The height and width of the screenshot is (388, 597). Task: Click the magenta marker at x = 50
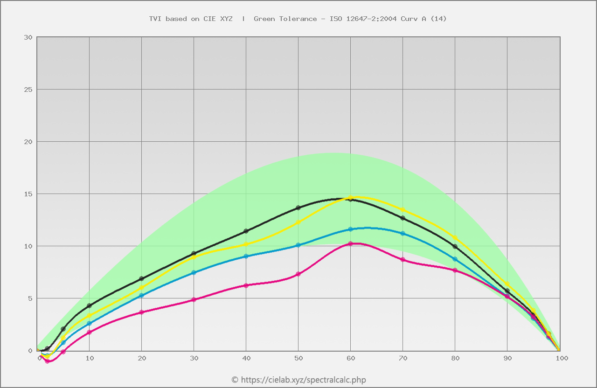pyautogui.click(x=298, y=274)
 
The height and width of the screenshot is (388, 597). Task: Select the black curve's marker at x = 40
pyautogui.click(x=246, y=231)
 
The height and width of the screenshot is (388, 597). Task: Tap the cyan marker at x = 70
pyautogui.click(x=403, y=233)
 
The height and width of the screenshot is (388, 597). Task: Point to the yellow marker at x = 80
pyautogui.click(x=455, y=238)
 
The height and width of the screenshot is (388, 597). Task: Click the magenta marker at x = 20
pyautogui.click(x=142, y=312)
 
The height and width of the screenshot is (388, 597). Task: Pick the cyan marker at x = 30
pyautogui.click(x=194, y=272)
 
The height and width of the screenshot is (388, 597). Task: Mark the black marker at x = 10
pyautogui.click(x=90, y=305)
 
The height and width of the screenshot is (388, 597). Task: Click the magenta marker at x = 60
pyautogui.click(x=351, y=243)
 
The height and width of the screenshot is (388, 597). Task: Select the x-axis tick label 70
pyautogui.click(x=403, y=358)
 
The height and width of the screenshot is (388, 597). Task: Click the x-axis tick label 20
pyautogui.click(x=142, y=358)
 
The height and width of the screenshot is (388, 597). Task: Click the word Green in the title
pyautogui.click(x=264, y=19)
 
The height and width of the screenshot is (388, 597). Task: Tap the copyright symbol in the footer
pyautogui.click(x=235, y=380)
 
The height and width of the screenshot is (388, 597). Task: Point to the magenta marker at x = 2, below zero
pyautogui.click(x=48, y=361)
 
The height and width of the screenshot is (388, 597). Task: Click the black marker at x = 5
pyautogui.click(x=63, y=329)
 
